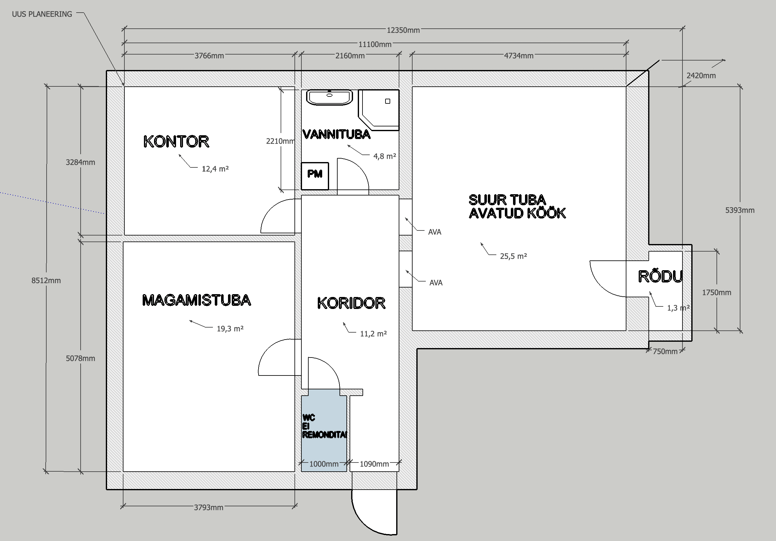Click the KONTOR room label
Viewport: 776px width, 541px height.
click(x=176, y=142)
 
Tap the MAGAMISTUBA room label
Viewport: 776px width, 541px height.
click(x=197, y=300)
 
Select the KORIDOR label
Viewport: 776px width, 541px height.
click(x=351, y=303)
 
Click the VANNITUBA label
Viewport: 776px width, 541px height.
click(x=336, y=134)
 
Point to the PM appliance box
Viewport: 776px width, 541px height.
click(x=315, y=176)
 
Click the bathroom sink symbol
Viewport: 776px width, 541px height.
click(x=329, y=97)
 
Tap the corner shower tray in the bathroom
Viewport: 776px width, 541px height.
click(x=379, y=110)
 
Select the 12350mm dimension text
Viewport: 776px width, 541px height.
click(x=403, y=30)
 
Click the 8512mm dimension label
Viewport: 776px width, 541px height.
click(x=46, y=281)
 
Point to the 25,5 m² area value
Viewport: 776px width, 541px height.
click(x=513, y=256)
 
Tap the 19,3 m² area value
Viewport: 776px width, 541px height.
click(x=230, y=329)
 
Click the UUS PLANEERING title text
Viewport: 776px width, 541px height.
click(x=42, y=14)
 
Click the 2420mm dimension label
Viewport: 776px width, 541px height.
click(x=701, y=75)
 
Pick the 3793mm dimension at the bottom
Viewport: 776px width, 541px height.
click(x=208, y=508)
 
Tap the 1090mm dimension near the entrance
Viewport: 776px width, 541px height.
click(x=374, y=464)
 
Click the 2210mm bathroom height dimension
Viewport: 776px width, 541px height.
click(x=280, y=141)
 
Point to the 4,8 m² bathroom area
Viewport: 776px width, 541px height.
click(x=385, y=156)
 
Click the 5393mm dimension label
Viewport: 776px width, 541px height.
click(x=740, y=210)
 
